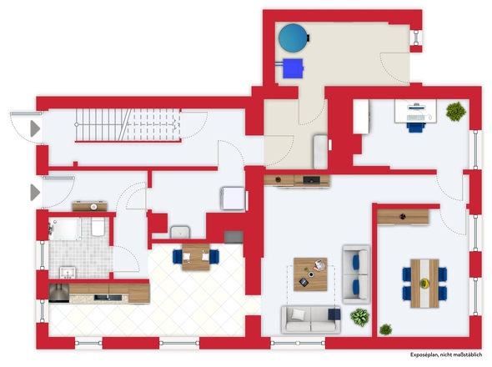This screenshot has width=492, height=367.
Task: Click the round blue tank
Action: click(293, 38)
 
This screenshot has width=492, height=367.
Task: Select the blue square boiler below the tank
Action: click(293, 68)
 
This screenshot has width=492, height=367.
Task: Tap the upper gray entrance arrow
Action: click(35, 128)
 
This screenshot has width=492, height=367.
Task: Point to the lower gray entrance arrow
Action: click(35, 192)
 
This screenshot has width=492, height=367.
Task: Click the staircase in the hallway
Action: click(128, 125)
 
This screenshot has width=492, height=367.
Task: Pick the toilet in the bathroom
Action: click(98, 227)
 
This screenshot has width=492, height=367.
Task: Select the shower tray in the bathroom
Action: click(65, 229)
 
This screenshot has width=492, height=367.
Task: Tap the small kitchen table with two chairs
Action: click(196, 257)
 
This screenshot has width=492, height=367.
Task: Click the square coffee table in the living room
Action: click(310, 274)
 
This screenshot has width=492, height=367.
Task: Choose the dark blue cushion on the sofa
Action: click(334, 314)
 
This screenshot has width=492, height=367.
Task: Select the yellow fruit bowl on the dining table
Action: click(424, 283)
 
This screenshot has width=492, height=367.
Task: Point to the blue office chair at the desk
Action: click(416, 127)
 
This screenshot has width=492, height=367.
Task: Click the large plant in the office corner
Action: click(455, 111)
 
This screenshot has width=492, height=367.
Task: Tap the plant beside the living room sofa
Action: click(360, 317)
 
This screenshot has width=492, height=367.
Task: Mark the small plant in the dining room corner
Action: click(385, 329)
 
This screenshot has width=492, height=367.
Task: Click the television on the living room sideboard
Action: click(312, 180)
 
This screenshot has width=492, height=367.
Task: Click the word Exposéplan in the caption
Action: click(424, 354)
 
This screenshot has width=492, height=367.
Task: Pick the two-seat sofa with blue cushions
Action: click(356, 274)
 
